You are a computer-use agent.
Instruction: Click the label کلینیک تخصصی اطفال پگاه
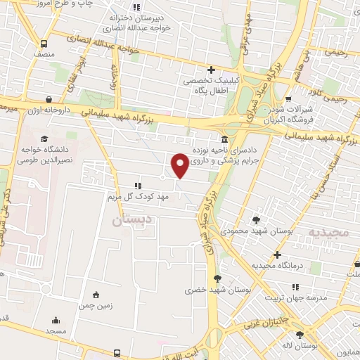tap(211, 86)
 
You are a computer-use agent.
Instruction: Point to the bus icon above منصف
tap(44, 42)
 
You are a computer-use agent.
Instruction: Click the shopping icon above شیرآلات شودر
tap(289, 98)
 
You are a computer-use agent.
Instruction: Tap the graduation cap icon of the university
tap(34, 138)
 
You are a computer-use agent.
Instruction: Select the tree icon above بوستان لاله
tap(300, 335)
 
